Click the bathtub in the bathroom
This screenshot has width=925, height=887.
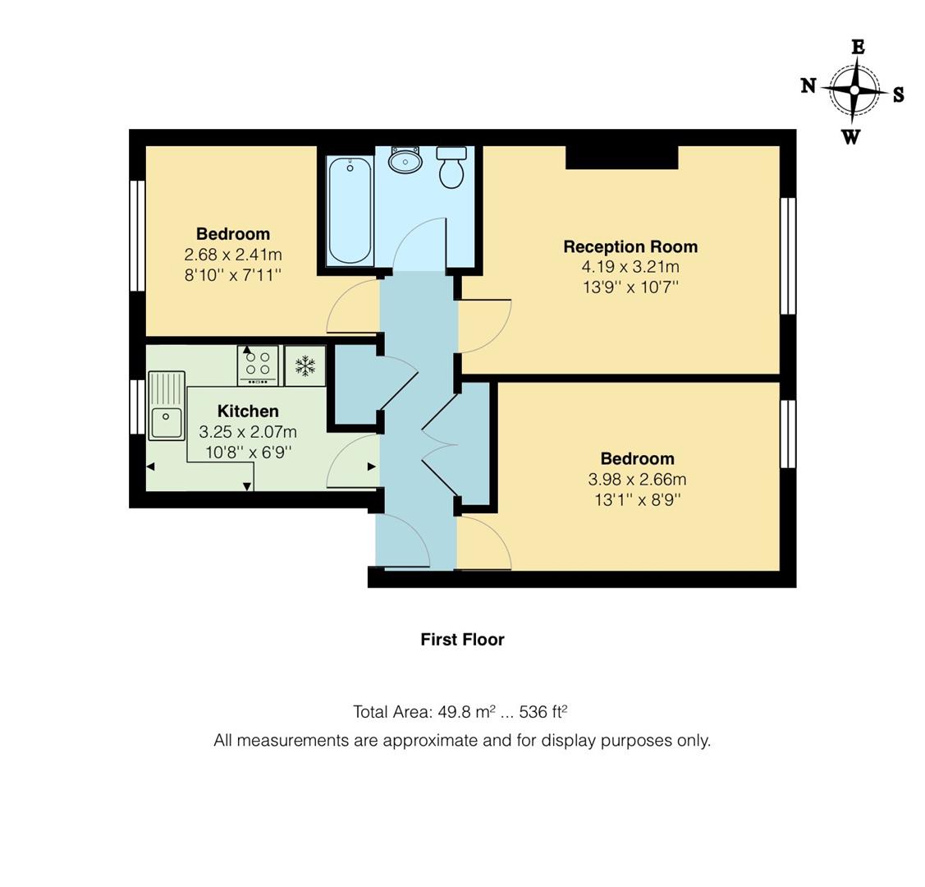point(350,210)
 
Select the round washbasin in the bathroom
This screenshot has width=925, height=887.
point(405,161)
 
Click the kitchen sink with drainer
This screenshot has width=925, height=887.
point(167,406)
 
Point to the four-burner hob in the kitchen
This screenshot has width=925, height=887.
point(258,365)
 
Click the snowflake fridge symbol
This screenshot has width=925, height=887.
point(305,365)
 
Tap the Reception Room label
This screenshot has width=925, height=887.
point(630,246)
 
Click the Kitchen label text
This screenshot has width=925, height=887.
point(248,411)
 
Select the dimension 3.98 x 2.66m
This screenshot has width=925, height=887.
point(637,480)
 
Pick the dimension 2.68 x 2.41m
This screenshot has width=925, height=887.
point(233,255)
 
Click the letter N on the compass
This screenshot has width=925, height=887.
point(808,85)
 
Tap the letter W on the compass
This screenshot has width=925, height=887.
point(851,137)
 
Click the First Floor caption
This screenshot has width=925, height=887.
point(462,639)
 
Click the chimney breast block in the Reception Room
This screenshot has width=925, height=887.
point(621,157)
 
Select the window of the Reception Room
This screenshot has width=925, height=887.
point(787,255)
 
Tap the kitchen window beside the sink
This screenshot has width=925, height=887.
point(137,407)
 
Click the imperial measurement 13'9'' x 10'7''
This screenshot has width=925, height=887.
point(630,287)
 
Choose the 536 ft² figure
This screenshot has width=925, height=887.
point(543,711)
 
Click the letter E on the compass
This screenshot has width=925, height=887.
point(858,47)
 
